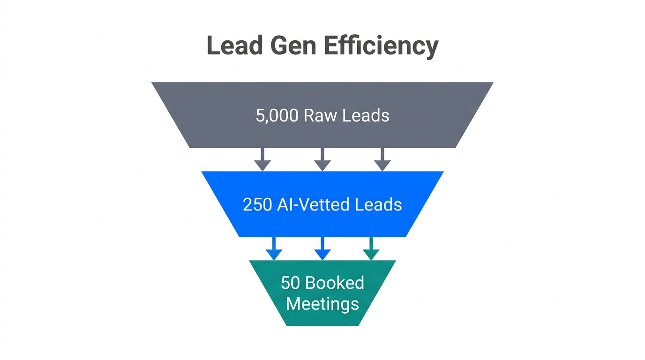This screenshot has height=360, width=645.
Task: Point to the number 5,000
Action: coord(277,115)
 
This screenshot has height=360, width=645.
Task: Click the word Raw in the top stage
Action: coord(320,115)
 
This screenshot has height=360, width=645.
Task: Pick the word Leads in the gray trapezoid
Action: coord(366,115)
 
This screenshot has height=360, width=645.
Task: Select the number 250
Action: coord(257,204)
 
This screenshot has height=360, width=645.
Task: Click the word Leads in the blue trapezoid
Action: coord(379,204)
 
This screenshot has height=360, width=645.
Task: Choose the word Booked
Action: coord(335,283)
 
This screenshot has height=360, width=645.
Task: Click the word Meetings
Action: coord(322,304)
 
